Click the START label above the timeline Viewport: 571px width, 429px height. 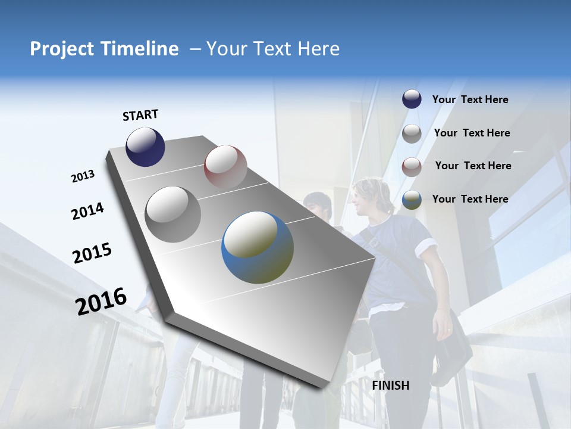point(140,115)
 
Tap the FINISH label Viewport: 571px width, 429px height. point(391,386)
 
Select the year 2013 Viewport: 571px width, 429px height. point(83,176)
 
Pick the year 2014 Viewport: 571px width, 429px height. point(87,211)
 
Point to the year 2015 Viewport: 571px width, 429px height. point(92,253)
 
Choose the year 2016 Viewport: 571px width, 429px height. point(101,301)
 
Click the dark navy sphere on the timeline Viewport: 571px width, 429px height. point(145,147)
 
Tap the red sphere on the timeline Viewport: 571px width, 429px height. point(225,167)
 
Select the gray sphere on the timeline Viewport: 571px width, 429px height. point(172,214)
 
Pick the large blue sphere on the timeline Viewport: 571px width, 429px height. point(258,248)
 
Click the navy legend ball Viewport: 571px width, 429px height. point(412,100)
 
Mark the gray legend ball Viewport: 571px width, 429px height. point(412,133)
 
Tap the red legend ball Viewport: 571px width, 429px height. point(412,166)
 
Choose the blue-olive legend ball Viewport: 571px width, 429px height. point(412,200)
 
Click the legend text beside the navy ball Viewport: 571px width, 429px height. point(470,100)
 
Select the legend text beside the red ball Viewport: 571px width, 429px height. point(473,166)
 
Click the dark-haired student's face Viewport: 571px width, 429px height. point(319,209)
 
